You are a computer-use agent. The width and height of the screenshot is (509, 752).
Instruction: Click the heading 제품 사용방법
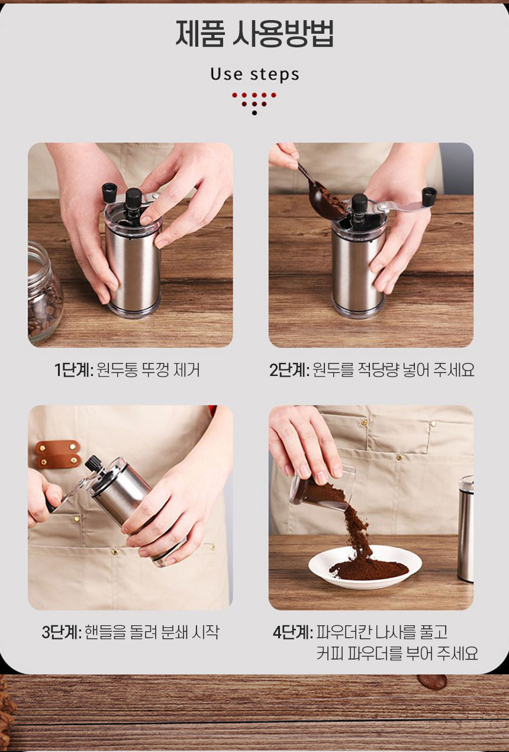pyautogui.click(x=254, y=34)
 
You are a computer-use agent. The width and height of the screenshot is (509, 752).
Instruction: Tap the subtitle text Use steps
pyautogui.click(x=254, y=75)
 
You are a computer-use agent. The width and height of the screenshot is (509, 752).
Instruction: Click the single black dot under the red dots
pyautogui.click(x=254, y=113)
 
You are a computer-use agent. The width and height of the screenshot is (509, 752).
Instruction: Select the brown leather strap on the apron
pyautogui.click(x=58, y=454)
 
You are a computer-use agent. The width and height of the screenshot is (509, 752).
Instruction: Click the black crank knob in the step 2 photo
pyautogui.click(x=429, y=197)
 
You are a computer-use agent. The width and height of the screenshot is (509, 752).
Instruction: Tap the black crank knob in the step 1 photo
pyautogui.click(x=109, y=192)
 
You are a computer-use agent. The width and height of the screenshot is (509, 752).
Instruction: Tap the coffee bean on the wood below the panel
pyautogui.click(x=432, y=682)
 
